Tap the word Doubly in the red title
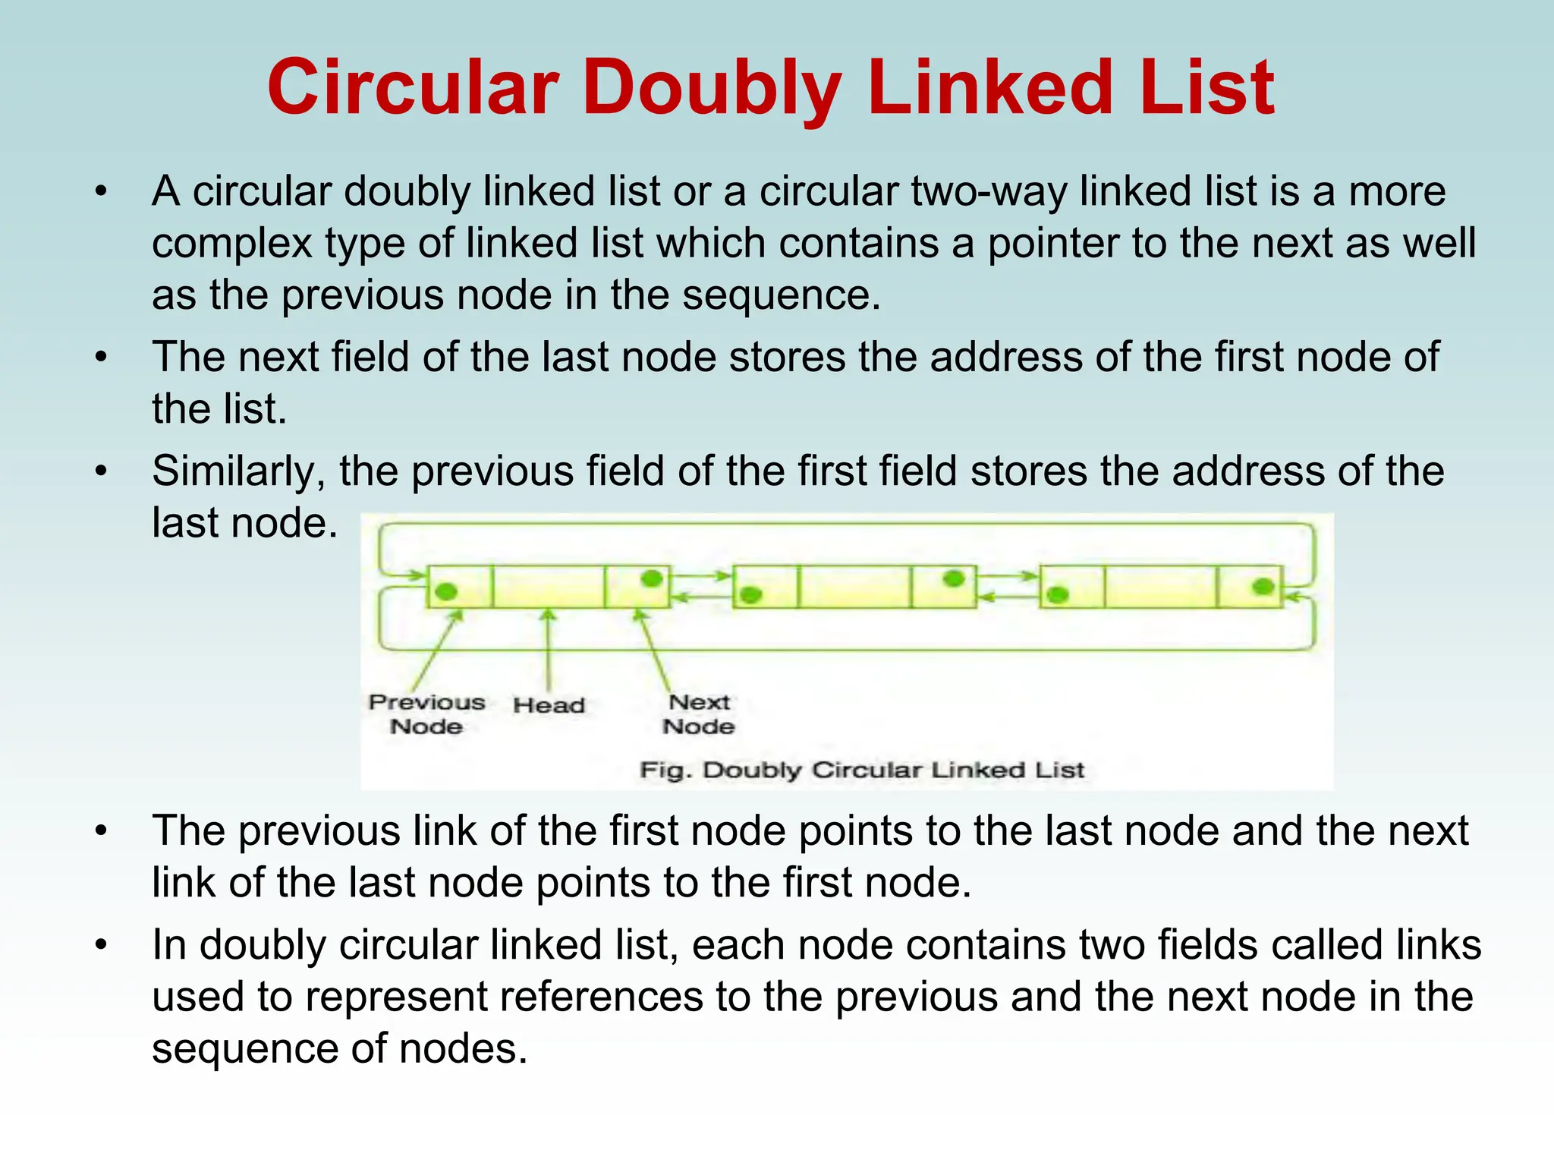pyautogui.click(x=712, y=90)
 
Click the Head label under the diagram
pyautogui.click(x=549, y=705)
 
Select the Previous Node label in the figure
pyautogui.click(x=426, y=714)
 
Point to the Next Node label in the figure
pyautogui.click(x=699, y=714)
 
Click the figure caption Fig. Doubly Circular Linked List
pyautogui.click(x=862, y=770)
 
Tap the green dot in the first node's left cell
pyautogui.click(x=447, y=591)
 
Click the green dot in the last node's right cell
pyautogui.click(x=1263, y=585)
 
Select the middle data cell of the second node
pyautogui.click(x=854, y=586)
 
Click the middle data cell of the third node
pyautogui.click(x=1161, y=586)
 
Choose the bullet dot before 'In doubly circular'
pyautogui.click(x=102, y=945)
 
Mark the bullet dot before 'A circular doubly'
pyautogui.click(x=102, y=191)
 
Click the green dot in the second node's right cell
pyautogui.click(x=954, y=579)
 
